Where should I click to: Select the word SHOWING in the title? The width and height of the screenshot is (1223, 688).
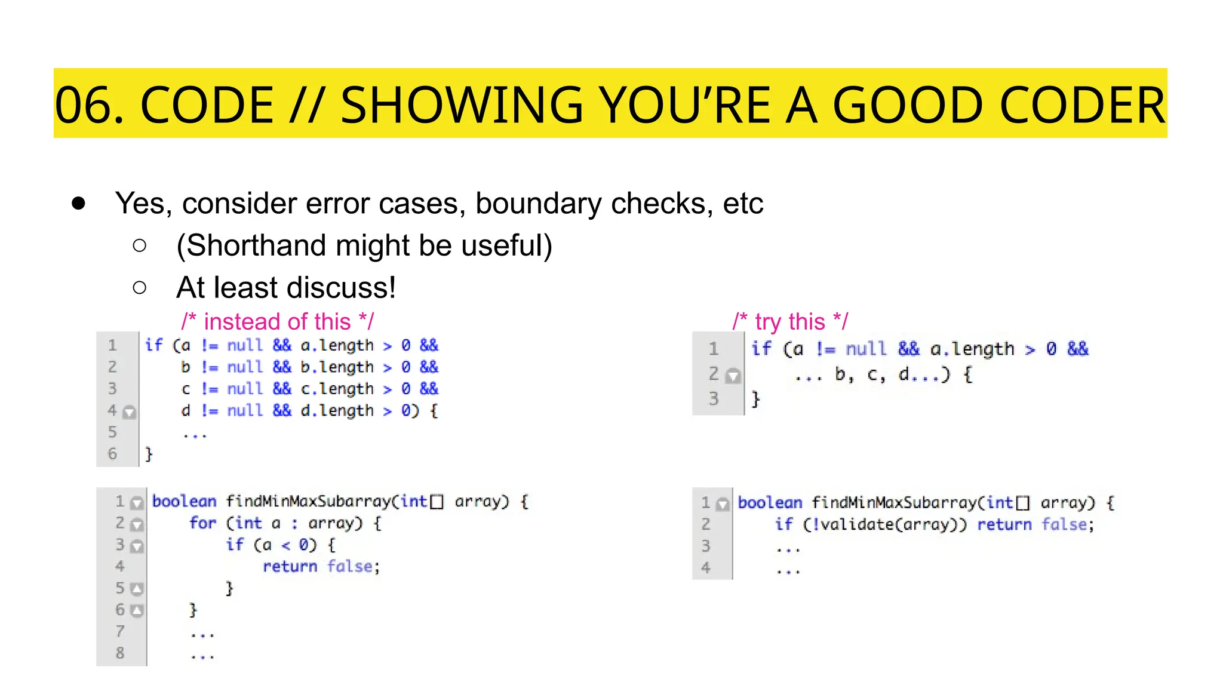click(461, 105)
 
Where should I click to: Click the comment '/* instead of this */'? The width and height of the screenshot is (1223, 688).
click(278, 322)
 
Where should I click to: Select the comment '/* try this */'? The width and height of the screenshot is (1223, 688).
click(790, 322)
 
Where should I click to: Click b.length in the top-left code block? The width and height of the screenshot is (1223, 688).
click(337, 367)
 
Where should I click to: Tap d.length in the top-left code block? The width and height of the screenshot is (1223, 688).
click(337, 411)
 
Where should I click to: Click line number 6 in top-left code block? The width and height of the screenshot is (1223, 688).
click(112, 454)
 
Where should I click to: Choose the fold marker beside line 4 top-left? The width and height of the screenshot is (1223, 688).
click(129, 412)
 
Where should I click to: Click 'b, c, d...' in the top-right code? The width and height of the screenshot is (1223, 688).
click(872, 375)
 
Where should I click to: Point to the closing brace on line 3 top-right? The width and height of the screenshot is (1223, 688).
click(756, 398)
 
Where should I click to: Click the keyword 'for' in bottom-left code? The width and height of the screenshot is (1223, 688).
click(202, 523)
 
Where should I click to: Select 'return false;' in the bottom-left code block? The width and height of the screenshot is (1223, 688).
click(321, 566)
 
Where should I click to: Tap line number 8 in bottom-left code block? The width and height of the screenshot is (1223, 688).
click(120, 653)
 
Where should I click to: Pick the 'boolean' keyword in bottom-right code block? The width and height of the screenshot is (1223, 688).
click(770, 503)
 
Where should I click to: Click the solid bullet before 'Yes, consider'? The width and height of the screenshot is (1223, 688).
click(78, 204)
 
